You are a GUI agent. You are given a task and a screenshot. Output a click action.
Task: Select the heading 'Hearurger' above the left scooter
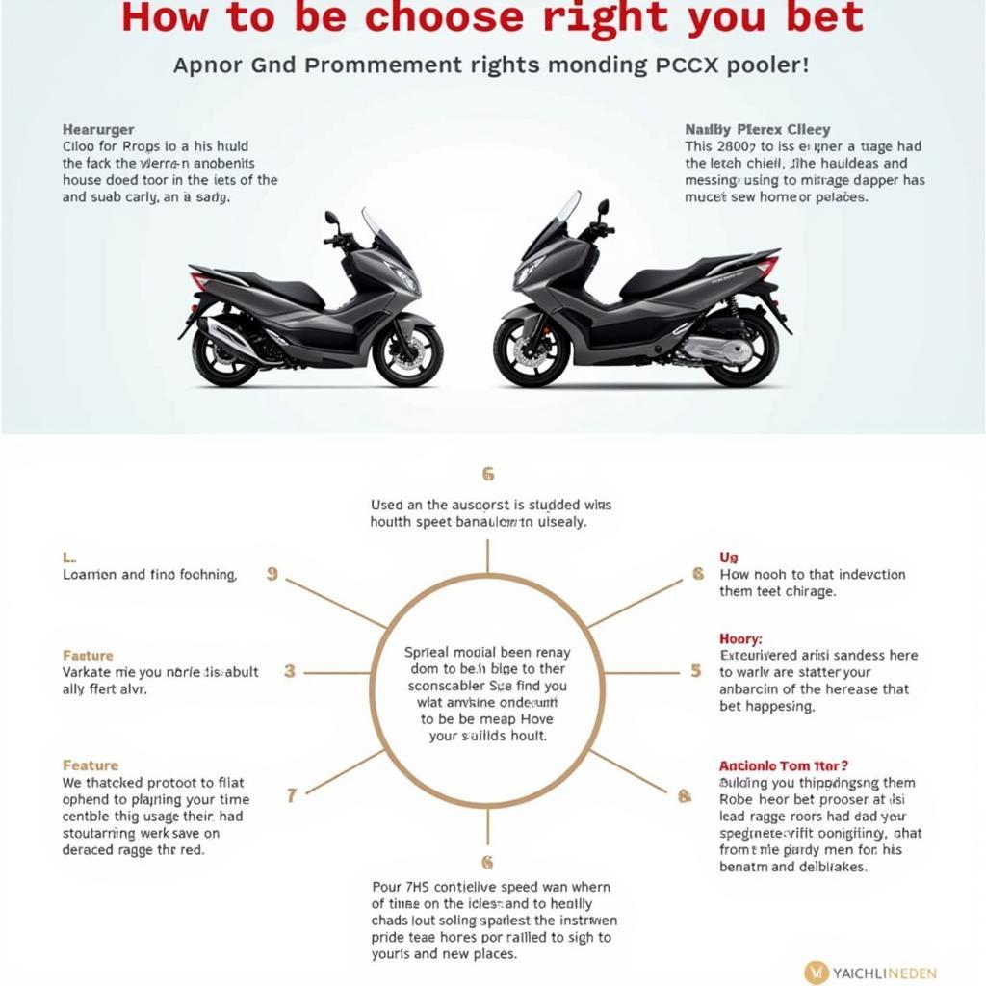(98, 129)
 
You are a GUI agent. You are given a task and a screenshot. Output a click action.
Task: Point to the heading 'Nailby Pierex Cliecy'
(758, 129)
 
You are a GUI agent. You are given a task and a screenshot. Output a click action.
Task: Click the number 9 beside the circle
(272, 574)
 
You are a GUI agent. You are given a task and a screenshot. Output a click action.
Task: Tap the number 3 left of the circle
(289, 671)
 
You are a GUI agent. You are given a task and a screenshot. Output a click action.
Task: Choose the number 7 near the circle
(292, 795)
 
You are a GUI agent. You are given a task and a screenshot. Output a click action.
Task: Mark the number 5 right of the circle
(696, 671)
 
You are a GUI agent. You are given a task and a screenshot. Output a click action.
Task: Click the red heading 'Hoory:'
(740, 638)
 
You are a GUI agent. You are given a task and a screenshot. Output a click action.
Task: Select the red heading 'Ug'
(729, 558)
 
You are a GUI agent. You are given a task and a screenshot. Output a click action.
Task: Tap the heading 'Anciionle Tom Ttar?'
(784, 765)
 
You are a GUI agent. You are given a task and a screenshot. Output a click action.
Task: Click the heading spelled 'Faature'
(88, 655)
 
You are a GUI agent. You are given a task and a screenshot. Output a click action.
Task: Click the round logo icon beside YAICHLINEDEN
(817, 972)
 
